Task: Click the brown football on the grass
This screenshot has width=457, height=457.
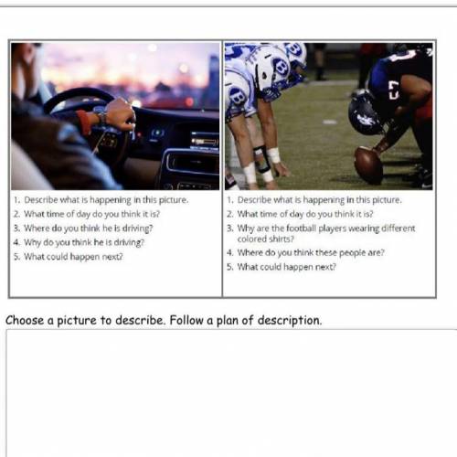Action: [x=368, y=165]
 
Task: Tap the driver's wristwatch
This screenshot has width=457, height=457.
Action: [x=102, y=116]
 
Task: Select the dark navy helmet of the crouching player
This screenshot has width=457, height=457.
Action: [x=365, y=112]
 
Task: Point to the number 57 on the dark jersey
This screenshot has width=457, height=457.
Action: [x=393, y=90]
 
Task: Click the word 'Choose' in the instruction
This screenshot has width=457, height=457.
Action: [x=25, y=321]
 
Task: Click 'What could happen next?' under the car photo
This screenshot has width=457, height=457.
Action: [x=73, y=257]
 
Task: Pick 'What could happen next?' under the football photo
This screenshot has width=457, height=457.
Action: [x=287, y=267]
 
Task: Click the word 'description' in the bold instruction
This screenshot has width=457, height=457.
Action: [x=289, y=321]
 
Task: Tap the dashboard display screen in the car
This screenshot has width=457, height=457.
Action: [x=205, y=141]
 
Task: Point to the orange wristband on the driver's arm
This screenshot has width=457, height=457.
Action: [x=83, y=122]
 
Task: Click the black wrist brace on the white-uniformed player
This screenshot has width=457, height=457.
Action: [x=261, y=159]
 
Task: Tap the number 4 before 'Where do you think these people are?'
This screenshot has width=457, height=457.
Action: [x=229, y=253]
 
